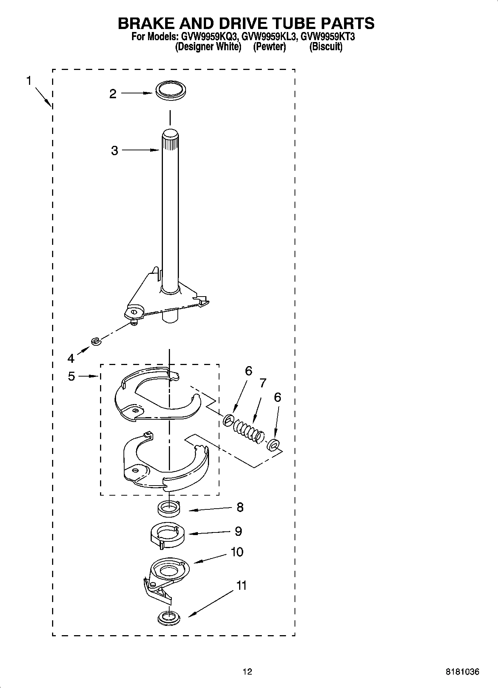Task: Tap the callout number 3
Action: pos(114,151)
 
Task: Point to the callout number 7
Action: pos(263,383)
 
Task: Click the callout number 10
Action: pos(237,551)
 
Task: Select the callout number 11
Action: pos(241,586)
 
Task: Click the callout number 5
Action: pos(71,376)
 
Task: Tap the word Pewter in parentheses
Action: pos(269,47)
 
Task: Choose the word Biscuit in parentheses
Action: pos(326,47)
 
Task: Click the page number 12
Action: pos(247,672)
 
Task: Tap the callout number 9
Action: pos(238,531)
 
